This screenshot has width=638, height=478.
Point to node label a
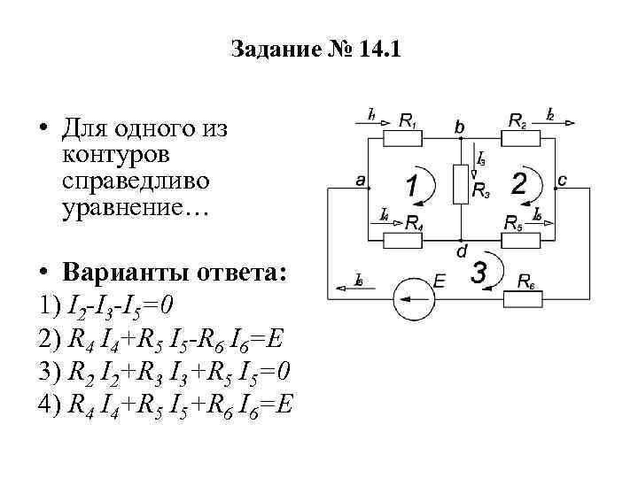click(x=360, y=181)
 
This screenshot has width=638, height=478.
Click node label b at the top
click(x=459, y=127)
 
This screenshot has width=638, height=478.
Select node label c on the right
click(x=562, y=181)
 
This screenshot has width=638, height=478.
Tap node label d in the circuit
click(x=462, y=251)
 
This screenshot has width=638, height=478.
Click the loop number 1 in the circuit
click(x=412, y=188)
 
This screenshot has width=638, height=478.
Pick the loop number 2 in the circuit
click(x=519, y=183)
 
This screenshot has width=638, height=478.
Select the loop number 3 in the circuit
click(x=478, y=274)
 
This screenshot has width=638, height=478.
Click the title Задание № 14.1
click(x=316, y=49)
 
